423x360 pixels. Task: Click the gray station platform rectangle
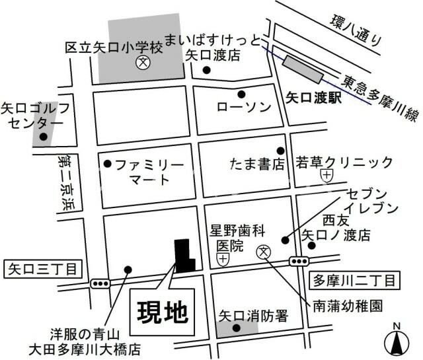click(x=303, y=68)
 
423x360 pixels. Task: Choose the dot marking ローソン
click(x=241, y=94)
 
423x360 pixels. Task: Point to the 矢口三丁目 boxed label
click(x=42, y=269)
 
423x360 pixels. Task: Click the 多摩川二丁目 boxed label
click(x=355, y=281)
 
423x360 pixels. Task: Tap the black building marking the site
click(x=183, y=255)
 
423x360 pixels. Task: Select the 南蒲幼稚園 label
click(x=348, y=306)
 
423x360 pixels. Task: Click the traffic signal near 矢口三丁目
click(x=100, y=284)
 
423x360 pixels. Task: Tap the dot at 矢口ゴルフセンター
click(x=44, y=137)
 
